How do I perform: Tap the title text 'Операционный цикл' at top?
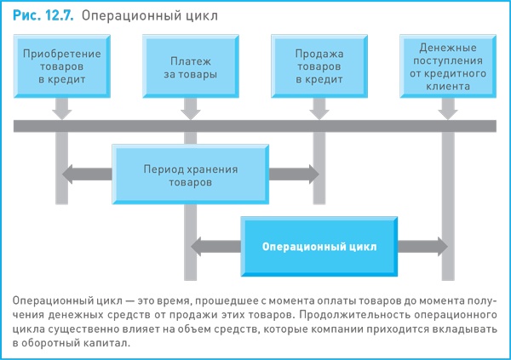144,14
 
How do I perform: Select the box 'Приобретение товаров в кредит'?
61,66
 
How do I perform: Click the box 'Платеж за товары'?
184,66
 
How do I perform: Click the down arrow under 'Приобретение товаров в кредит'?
61,108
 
